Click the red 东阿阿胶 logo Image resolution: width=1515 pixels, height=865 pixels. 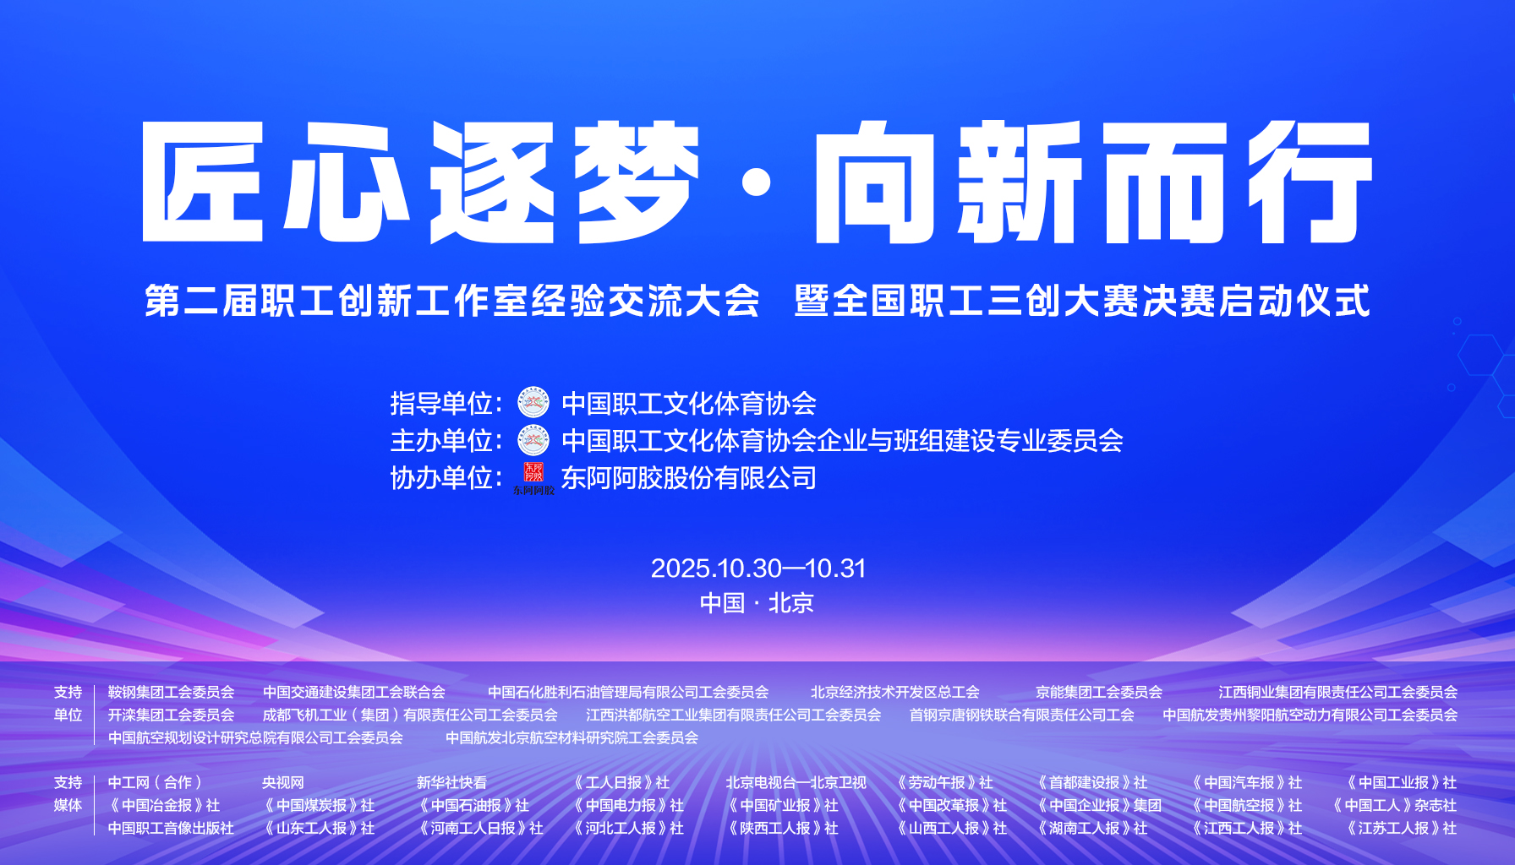533,478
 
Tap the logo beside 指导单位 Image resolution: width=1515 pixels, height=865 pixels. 533,403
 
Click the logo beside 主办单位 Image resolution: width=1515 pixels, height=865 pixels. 533,440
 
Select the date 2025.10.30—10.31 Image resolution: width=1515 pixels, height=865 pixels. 758,569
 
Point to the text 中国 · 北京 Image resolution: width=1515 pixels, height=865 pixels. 757,603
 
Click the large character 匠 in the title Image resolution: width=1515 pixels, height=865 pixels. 203,182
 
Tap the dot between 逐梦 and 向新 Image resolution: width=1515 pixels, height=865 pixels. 757,182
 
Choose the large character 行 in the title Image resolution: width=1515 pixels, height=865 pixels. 1310,182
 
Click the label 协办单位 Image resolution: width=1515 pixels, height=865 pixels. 441,478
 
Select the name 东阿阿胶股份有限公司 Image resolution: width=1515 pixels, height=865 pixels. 689,478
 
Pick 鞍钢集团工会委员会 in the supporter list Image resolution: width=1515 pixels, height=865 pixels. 171,692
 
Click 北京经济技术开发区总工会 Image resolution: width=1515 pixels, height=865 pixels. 895,692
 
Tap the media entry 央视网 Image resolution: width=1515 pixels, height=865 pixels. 283,783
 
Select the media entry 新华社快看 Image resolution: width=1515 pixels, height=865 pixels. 451,783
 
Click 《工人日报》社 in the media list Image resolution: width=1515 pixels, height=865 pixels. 621,783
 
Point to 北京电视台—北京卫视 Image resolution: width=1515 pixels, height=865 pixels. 796,783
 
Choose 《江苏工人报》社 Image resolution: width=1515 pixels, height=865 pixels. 1401,829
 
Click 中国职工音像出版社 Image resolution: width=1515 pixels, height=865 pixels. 171,829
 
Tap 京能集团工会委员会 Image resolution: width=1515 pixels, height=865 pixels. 1099,692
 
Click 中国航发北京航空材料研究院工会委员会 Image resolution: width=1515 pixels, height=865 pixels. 572,737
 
